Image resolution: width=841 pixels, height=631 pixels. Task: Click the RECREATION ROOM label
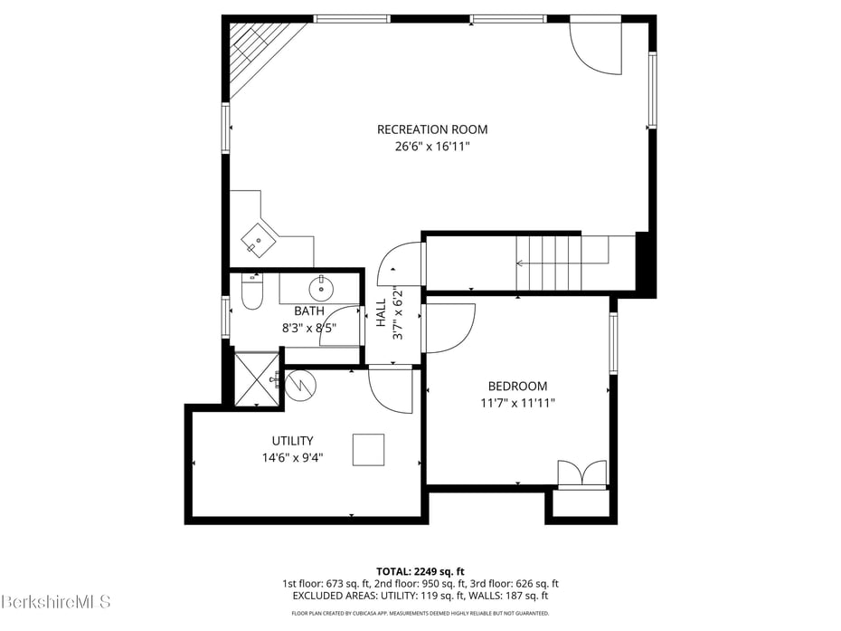coord(432,129)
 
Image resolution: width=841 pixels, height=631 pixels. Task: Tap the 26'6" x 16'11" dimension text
coord(432,146)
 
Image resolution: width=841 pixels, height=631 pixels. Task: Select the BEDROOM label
coord(517,387)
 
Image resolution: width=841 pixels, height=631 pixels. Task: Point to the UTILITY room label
coord(292,441)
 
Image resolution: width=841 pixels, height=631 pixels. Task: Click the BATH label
coord(309,311)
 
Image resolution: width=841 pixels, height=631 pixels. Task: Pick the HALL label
coord(382,312)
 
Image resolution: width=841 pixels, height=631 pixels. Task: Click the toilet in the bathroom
coord(251,292)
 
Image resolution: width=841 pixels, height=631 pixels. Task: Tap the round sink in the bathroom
coord(321,290)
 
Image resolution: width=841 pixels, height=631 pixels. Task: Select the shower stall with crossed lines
coord(258,379)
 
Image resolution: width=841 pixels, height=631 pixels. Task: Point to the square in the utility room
coord(368,450)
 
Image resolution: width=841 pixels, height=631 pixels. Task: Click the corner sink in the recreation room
coord(258,241)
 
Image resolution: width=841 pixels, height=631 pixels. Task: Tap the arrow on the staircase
coord(562,263)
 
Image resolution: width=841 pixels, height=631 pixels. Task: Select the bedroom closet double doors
coord(582,474)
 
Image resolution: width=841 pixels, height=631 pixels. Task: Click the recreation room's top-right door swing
coord(595,47)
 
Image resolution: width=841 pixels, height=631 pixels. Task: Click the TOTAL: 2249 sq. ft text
coord(420,571)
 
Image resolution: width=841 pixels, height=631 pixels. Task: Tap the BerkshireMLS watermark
coord(55,601)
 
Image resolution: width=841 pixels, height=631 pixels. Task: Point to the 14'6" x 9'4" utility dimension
coord(292,457)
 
